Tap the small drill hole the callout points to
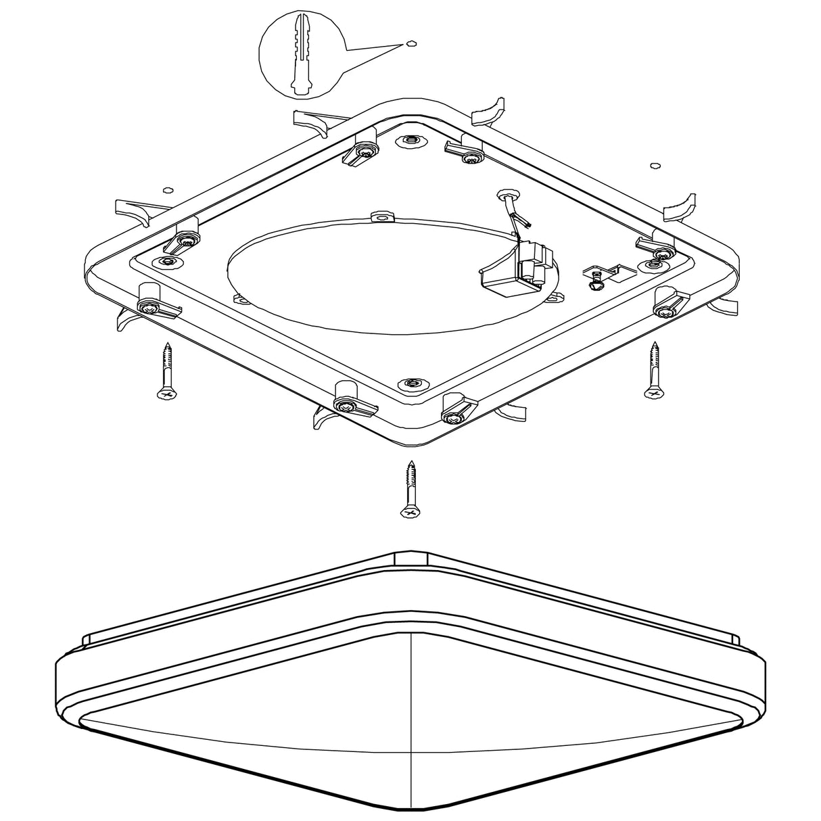coord(410,44)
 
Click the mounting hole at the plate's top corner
coord(410,141)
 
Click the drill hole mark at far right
coord(653,165)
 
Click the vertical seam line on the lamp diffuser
coord(411,710)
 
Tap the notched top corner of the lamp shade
coord(410,557)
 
